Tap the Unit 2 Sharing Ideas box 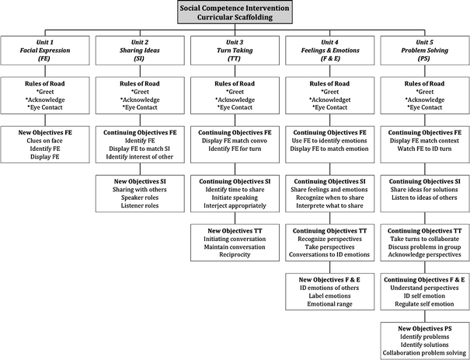(x=141, y=53)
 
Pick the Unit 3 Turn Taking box (x=235, y=53)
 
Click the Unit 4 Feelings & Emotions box (x=329, y=53)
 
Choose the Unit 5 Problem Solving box (x=423, y=53)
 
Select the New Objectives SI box (x=141, y=194)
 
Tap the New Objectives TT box (x=235, y=244)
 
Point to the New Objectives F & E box (x=329, y=291)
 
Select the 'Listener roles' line (x=141, y=206)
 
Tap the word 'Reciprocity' (x=235, y=256)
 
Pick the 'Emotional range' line (x=329, y=303)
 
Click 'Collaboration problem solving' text (x=423, y=351)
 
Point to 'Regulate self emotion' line (x=423, y=303)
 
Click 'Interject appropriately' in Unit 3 (x=235, y=206)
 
